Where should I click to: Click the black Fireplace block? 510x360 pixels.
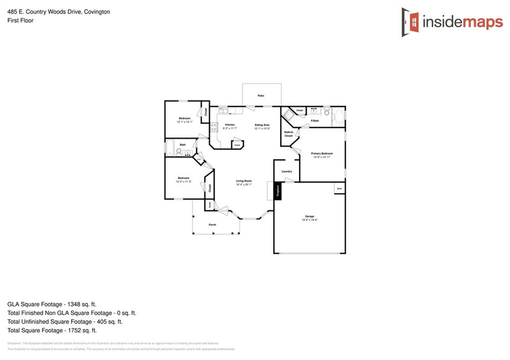click(x=277, y=191)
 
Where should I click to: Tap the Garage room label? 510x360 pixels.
click(x=309, y=216)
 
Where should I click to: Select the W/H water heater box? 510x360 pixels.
click(x=339, y=189)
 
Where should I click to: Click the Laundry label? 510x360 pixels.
click(x=286, y=171)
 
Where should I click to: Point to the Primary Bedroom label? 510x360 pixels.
click(x=322, y=153)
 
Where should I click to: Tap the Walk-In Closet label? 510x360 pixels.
click(x=289, y=133)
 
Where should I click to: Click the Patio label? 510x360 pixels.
click(x=261, y=95)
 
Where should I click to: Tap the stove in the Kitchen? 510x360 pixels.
click(x=214, y=127)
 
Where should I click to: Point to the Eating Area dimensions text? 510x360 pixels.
click(x=262, y=128)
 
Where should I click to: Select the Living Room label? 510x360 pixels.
click(x=244, y=181)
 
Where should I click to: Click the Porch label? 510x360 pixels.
click(x=212, y=225)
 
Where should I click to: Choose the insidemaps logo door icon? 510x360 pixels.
click(x=410, y=22)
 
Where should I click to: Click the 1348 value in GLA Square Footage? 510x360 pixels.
click(x=82, y=304)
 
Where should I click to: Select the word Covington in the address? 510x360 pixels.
click(x=95, y=11)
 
